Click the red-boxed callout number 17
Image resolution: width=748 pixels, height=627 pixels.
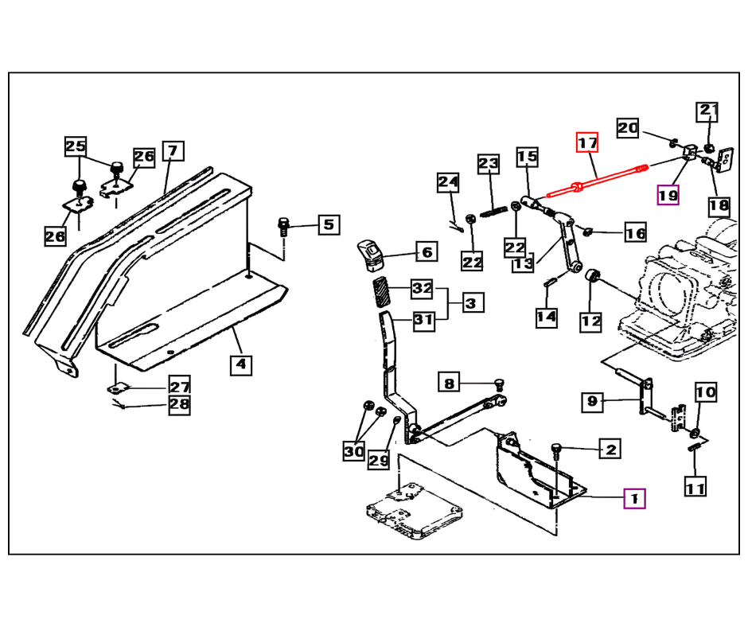(x=586, y=143)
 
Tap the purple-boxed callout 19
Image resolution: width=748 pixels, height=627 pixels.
(x=668, y=194)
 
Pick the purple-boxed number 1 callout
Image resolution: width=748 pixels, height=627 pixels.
(x=634, y=498)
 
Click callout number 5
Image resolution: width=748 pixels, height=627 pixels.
(x=329, y=225)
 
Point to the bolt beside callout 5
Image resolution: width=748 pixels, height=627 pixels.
(x=283, y=226)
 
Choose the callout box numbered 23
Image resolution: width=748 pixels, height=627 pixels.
(x=488, y=165)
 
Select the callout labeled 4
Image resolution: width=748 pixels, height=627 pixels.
(x=241, y=365)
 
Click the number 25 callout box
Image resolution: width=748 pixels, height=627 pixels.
(x=75, y=146)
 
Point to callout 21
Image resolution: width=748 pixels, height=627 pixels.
(x=708, y=112)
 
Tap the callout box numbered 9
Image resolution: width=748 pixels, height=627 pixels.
(x=591, y=401)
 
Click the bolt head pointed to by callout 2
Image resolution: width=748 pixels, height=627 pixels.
(x=556, y=450)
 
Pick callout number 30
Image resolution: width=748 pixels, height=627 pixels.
(x=353, y=452)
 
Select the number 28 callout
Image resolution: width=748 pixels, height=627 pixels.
(x=180, y=406)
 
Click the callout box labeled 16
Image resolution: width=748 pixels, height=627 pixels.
(x=635, y=233)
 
